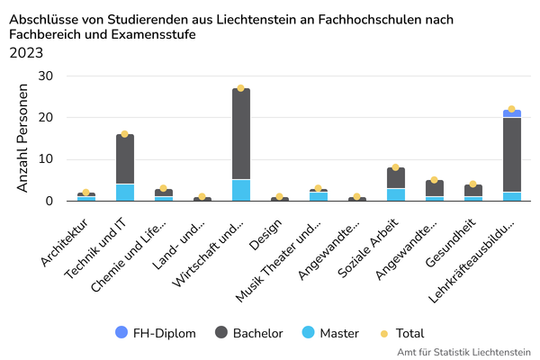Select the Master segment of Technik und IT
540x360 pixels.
coord(125,192)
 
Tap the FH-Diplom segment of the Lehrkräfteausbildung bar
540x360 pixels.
coord(511,113)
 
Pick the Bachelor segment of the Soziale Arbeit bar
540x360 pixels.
coord(395,177)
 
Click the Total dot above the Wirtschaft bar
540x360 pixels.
coord(240,88)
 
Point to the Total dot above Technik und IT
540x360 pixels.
coord(125,134)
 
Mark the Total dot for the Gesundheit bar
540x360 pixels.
coord(472,184)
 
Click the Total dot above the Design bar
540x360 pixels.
coord(279,196)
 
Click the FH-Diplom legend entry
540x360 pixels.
coord(156,333)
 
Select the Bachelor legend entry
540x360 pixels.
coord(248,333)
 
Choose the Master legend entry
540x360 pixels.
coord(332,333)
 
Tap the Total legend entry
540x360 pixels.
coord(402,333)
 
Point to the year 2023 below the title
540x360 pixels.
coord(26,52)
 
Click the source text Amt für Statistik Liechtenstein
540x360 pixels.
coord(463,352)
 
